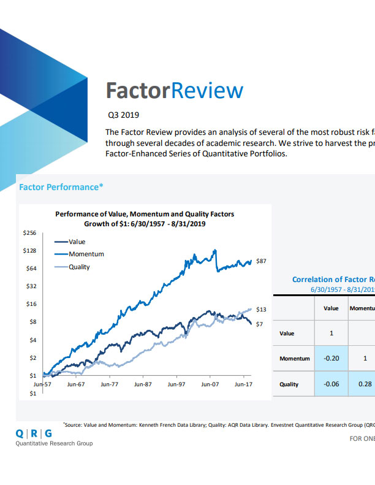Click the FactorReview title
click(175, 91)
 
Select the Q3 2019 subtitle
click(123, 114)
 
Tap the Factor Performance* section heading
click(59, 186)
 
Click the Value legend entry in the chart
click(77, 242)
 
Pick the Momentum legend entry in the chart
click(86, 254)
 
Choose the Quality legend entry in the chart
click(79, 267)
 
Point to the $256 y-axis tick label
click(29, 233)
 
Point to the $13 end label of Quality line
click(260, 309)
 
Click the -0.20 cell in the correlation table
click(331, 358)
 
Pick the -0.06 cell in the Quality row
click(331, 384)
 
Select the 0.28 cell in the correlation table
click(365, 384)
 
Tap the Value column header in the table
click(331, 308)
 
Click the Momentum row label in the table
click(294, 359)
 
